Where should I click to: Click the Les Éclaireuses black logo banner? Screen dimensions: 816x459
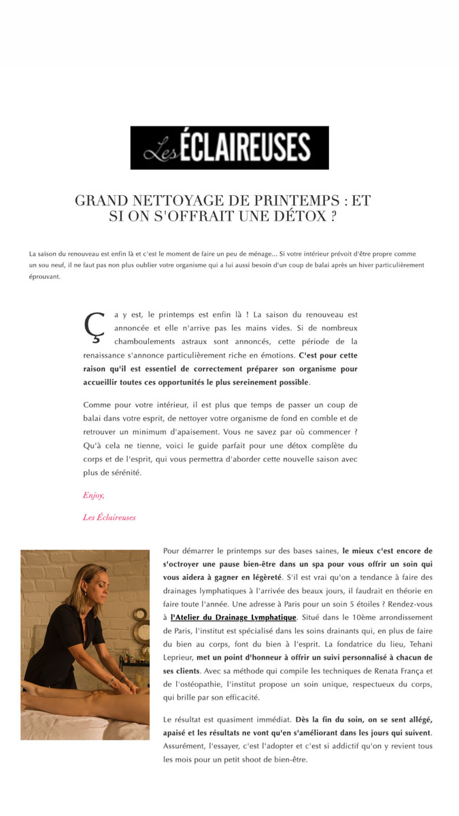click(x=229, y=148)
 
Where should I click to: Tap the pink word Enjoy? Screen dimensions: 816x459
click(x=93, y=495)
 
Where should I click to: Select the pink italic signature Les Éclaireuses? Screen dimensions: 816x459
click(x=109, y=517)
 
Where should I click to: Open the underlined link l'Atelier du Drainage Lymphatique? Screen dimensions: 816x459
click(x=233, y=617)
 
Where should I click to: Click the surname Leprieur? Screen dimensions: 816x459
click(x=179, y=658)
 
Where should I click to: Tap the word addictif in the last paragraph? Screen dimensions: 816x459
click(x=345, y=745)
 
